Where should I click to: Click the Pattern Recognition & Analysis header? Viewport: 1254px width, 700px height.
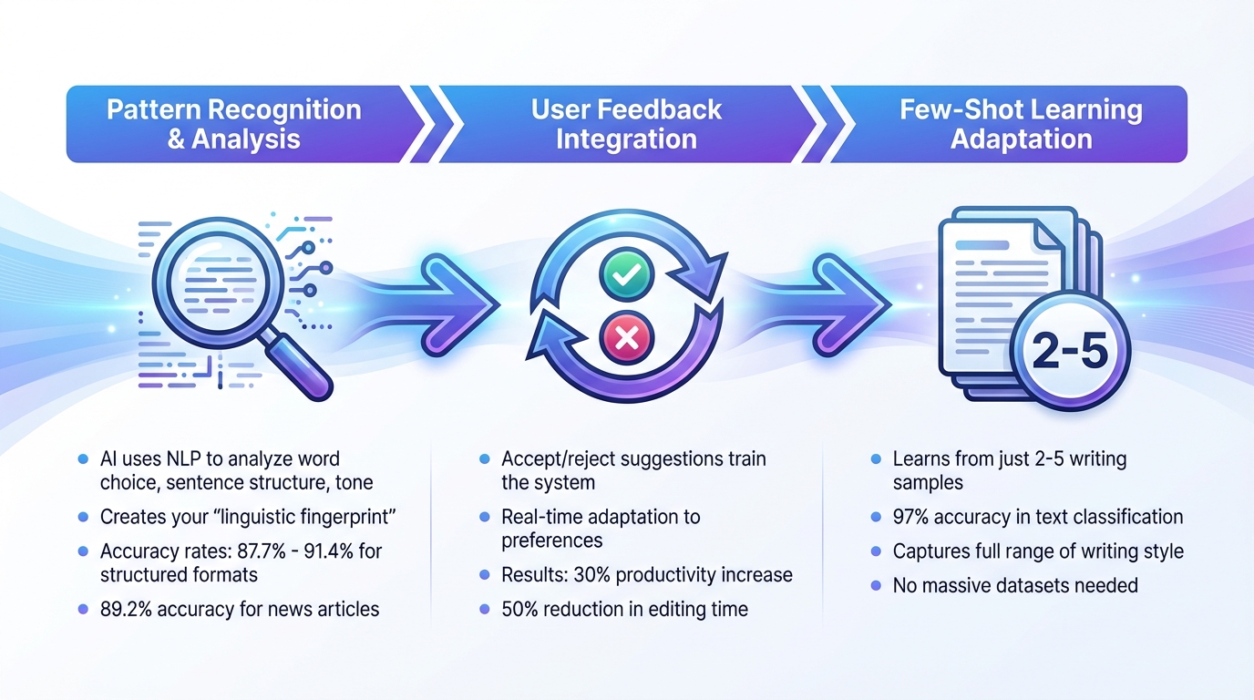click(234, 124)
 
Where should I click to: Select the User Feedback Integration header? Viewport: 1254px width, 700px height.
click(626, 124)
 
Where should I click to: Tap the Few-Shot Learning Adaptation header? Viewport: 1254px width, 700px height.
click(1021, 124)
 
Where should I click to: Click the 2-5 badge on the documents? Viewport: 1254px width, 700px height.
click(1070, 352)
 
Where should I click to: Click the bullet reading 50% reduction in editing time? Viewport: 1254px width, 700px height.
click(624, 609)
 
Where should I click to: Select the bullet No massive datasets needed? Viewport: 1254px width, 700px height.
click(1015, 585)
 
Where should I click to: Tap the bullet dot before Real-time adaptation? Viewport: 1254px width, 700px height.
click(484, 517)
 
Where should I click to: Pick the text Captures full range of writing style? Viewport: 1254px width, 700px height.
click(1038, 551)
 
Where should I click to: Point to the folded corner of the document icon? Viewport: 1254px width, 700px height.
click(1048, 234)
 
